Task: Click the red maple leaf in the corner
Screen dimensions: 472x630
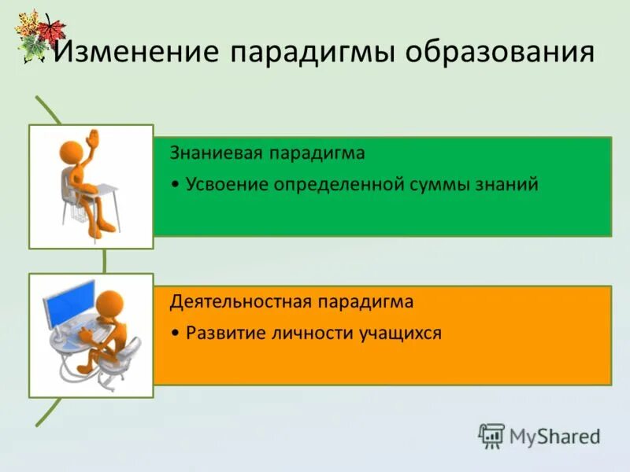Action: (52, 30)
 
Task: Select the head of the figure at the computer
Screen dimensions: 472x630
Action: (110, 303)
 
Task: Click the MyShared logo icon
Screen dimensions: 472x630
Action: (491, 435)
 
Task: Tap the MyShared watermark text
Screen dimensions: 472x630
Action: (554, 436)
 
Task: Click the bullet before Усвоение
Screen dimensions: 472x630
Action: (177, 186)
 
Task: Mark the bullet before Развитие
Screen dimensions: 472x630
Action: (177, 334)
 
